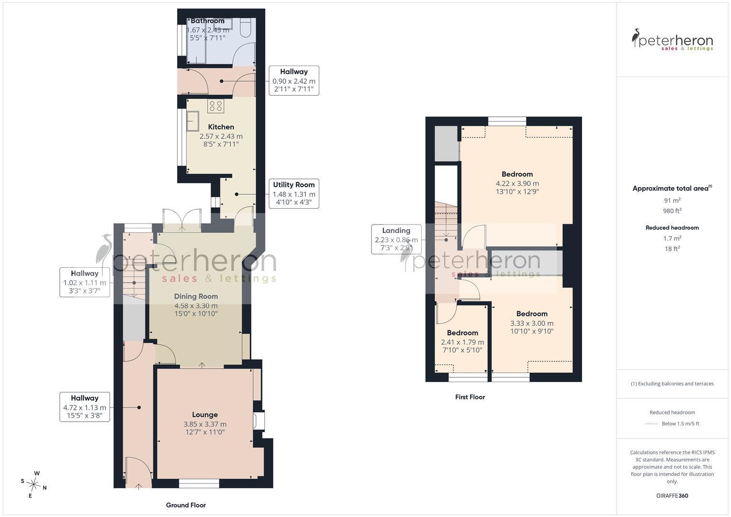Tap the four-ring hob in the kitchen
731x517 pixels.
click(216, 106)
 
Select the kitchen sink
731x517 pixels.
click(192, 121)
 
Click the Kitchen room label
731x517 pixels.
click(221, 127)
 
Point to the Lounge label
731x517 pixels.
click(204, 415)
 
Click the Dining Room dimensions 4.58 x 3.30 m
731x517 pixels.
click(196, 306)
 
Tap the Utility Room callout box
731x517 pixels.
click(294, 193)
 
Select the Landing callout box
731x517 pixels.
click(396, 239)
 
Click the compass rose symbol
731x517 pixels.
click(34, 484)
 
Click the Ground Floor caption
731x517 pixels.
click(186, 505)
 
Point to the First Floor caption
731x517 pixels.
click(470, 397)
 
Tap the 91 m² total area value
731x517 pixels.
click(672, 201)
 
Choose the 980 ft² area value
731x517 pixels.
click(672, 211)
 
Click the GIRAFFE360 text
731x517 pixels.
click(672, 496)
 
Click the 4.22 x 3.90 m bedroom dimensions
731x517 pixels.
click(517, 184)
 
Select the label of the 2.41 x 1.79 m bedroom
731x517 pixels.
click(462, 333)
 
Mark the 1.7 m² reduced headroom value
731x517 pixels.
click(672, 238)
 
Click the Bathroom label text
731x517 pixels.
click(208, 21)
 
